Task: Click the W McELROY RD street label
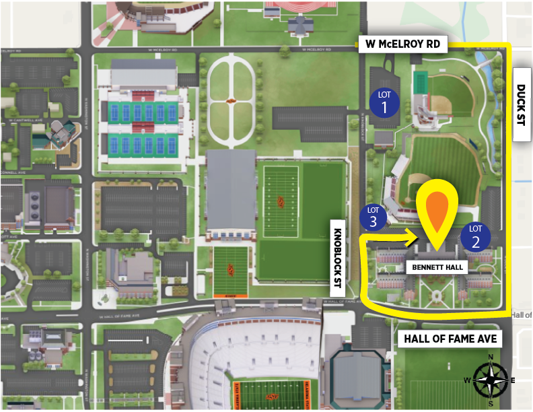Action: coord(402,44)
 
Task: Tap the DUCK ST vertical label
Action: coord(522,104)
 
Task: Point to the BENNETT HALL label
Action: coord(437,267)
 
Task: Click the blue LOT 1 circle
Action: coord(384,102)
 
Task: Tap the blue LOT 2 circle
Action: coord(475,236)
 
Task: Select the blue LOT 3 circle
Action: coord(374,216)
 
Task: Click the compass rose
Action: coord(491,380)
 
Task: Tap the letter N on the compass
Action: coord(491,358)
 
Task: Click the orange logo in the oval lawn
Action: coord(232,101)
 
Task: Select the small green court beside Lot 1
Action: coord(421,83)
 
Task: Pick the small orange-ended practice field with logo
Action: coord(231,271)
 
